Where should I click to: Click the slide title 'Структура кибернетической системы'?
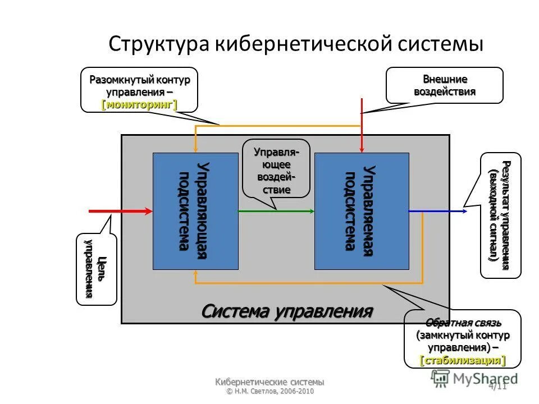click(295, 44)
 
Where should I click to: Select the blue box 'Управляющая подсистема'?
click(195, 211)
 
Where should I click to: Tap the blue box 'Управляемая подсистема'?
click(359, 211)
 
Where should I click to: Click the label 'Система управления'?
click(287, 311)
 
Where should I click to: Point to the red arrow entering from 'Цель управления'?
click(121, 211)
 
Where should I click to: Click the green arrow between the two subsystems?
click(276, 211)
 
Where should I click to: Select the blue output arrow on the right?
click(437, 211)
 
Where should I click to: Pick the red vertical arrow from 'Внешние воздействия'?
click(362, 129)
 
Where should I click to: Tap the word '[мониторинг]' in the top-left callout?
click(139, 104)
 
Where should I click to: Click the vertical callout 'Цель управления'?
click(96, 269)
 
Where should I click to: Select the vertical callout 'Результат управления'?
click(500, 215)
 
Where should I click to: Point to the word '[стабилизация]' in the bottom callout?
click(463, 360)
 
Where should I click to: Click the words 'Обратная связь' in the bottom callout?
click(463, 323)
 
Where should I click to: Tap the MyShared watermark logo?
click(477, 378)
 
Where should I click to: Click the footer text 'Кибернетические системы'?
click(269, 382)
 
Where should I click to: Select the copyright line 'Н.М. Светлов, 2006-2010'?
click(269, 391)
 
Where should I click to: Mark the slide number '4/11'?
click(497, 386)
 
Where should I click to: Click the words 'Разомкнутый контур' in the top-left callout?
click(140, 80)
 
